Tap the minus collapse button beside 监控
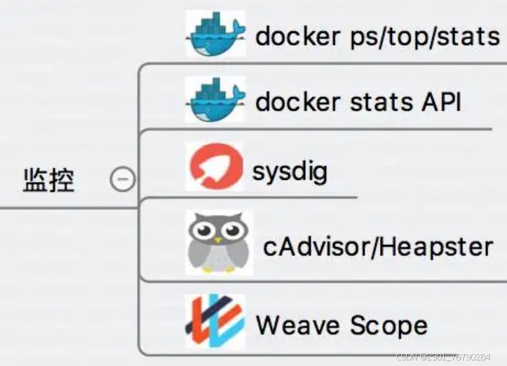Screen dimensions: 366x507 (x=122, y=180)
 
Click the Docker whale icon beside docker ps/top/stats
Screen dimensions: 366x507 (x=215, y=34)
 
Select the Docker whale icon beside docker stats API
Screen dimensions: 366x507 (x=215, y=99)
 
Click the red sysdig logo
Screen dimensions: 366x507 (x=215, y=167)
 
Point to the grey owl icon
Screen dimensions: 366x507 (x=219, y=243)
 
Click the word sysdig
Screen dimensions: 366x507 (x=290, y=170)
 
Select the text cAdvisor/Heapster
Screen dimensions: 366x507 (x=377, y=246)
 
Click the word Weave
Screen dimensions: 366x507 (x=297, y=325)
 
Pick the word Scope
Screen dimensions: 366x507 (x=388, y=325)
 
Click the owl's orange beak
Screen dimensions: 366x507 (x=219, y=240)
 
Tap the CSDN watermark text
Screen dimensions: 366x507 (x=443, y=357)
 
